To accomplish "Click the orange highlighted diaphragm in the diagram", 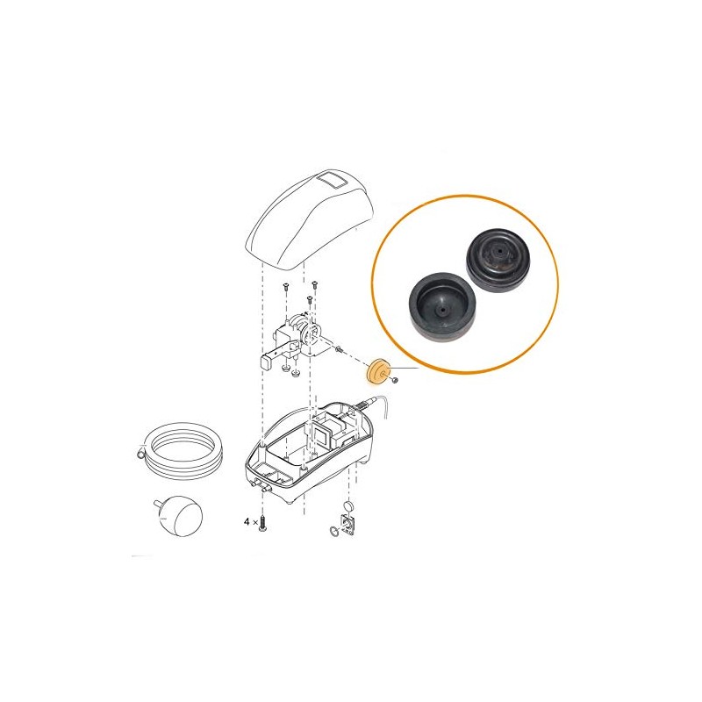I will tap(377, 372).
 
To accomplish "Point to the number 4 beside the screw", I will tap(247, 522).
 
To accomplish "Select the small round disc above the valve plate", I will tap(348, 507).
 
